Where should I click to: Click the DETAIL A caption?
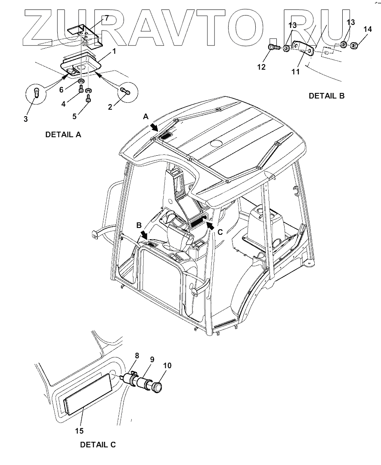tap(63, 134)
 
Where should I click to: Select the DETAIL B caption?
tap(326, 96)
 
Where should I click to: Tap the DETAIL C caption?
tap(98, 444)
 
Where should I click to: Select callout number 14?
tap(367, 29)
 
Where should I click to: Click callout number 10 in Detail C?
tap(167, 366)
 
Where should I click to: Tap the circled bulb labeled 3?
tap(36, 92)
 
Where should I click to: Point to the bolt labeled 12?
tap(273, 47)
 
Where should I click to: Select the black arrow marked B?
tap(143, 235)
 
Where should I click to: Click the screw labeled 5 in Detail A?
tap(88, 99)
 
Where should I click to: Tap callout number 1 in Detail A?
tap(114, 51)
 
